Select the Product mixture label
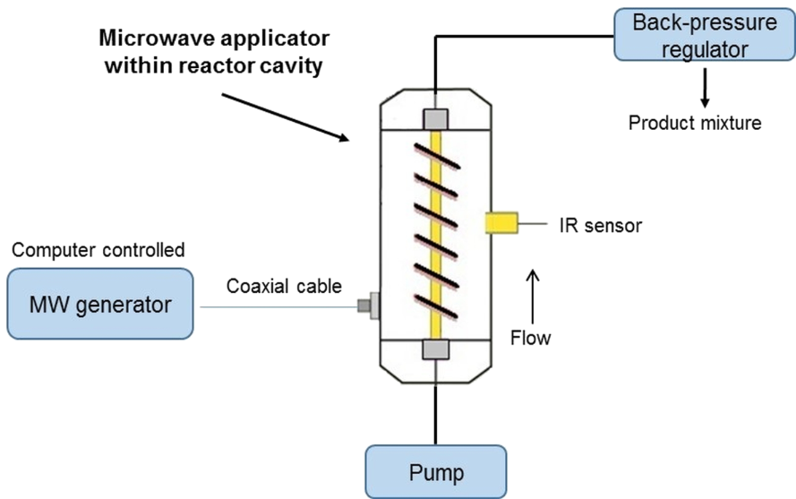[x=695, y=123]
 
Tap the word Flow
[x=530, y=338]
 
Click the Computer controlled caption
[x=98, y=250]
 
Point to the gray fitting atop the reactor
[x=436, y=118]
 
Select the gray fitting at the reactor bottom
[x=436, y=351]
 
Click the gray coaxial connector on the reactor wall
[x=367, y=305]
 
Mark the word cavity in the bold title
[x=290, y=66]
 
